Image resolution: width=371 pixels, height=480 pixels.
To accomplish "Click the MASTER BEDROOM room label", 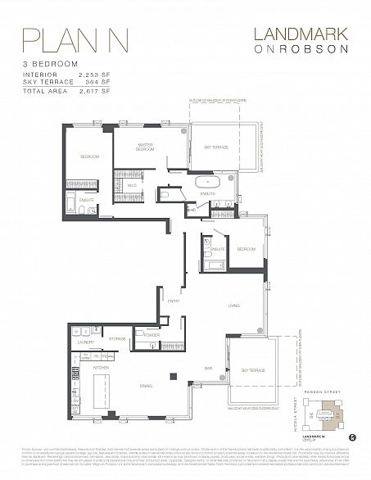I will [145, 148].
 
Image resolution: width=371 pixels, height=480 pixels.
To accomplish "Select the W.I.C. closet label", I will [132, 186].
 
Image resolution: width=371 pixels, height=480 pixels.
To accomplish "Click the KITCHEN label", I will [101, 369].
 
